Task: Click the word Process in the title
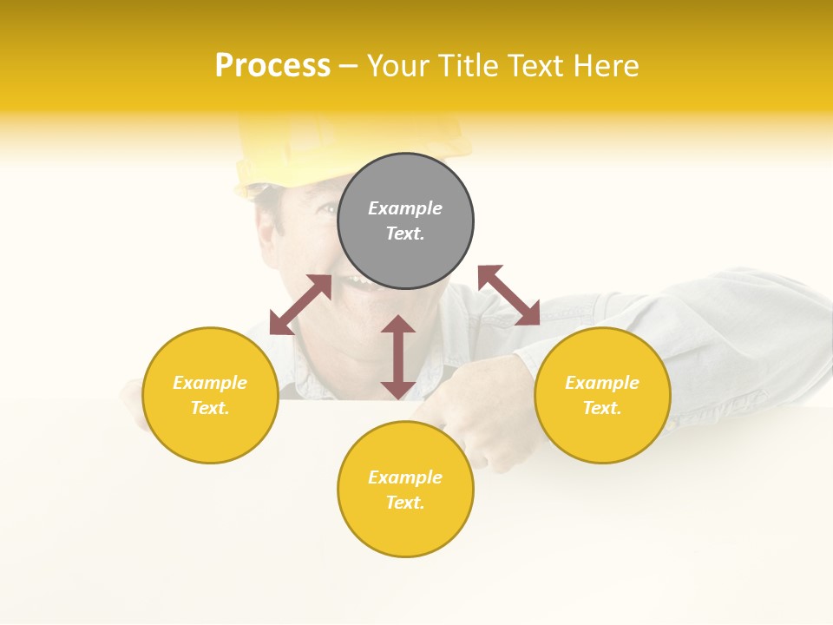point(272,66)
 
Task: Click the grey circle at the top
point(405,252)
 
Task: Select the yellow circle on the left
point(210,425)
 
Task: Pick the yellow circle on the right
point(602,430)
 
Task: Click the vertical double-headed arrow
point(398,357)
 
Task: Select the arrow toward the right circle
point(509,295)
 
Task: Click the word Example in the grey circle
point(405,208)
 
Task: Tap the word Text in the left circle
point(208,408)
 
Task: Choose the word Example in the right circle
point(602,383)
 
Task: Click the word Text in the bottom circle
point(403,503)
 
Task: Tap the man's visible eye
point(325,209)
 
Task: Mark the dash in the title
point(349,66)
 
